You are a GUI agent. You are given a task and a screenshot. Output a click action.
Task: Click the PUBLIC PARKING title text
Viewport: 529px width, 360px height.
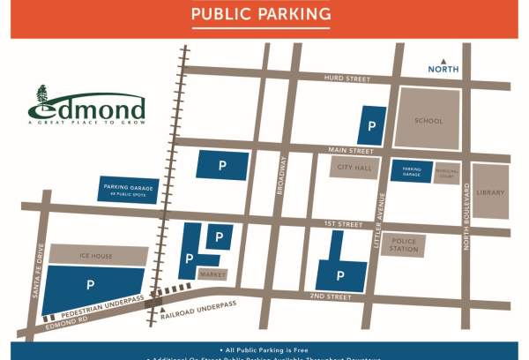click(261, 14)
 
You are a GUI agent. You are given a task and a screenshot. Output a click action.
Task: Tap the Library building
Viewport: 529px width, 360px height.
click(489, 191)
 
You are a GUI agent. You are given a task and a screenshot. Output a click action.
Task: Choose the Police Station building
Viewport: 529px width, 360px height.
click(404, 244)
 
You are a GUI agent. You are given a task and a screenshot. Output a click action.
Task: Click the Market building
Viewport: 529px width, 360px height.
click(212, 274)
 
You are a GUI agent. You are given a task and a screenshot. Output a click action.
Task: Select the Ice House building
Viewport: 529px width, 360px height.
click(96, 255)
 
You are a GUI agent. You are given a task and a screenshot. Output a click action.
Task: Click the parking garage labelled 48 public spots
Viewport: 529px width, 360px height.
click(130, 190)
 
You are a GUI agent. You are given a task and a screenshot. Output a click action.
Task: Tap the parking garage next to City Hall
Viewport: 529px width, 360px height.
click(412, 171)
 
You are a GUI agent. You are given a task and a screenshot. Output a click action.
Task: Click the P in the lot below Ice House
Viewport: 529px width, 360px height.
click(89, 285)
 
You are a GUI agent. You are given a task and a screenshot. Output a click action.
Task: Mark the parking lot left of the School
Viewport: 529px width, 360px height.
click(372, 125)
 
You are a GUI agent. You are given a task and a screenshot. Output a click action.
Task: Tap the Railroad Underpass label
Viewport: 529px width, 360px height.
click(205, 305)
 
